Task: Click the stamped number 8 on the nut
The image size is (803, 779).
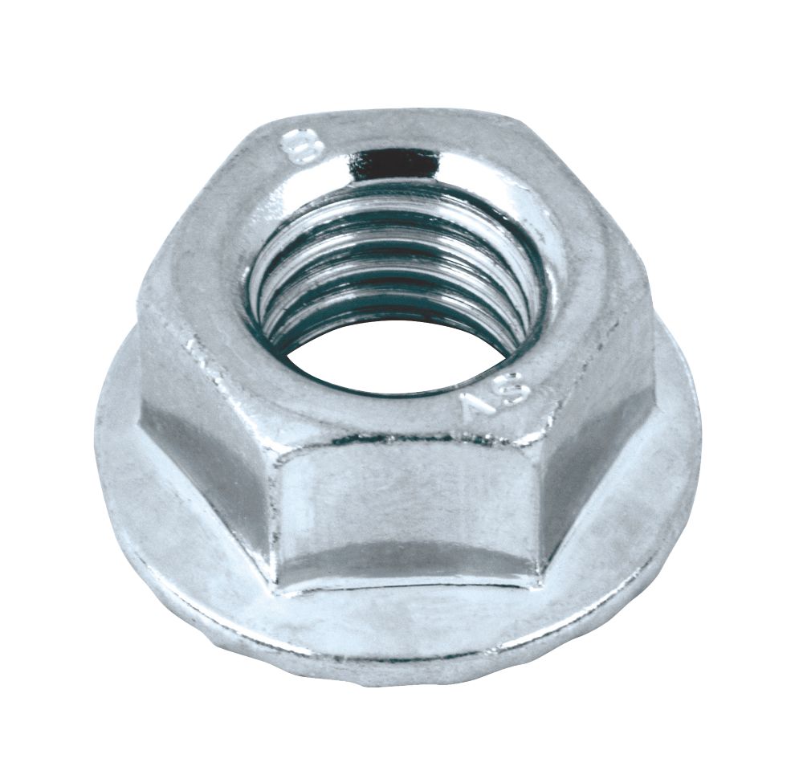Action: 303,145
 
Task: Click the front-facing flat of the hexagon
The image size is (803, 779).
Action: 401,514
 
